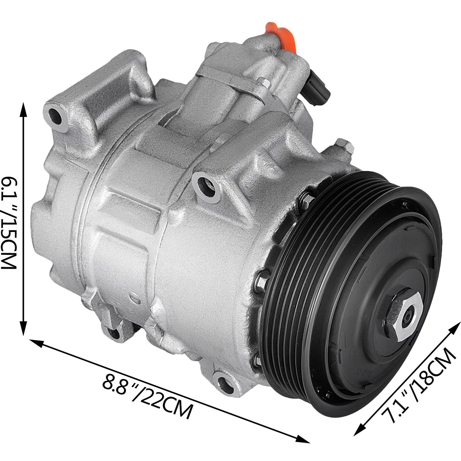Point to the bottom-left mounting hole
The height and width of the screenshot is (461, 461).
click(114, 334)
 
